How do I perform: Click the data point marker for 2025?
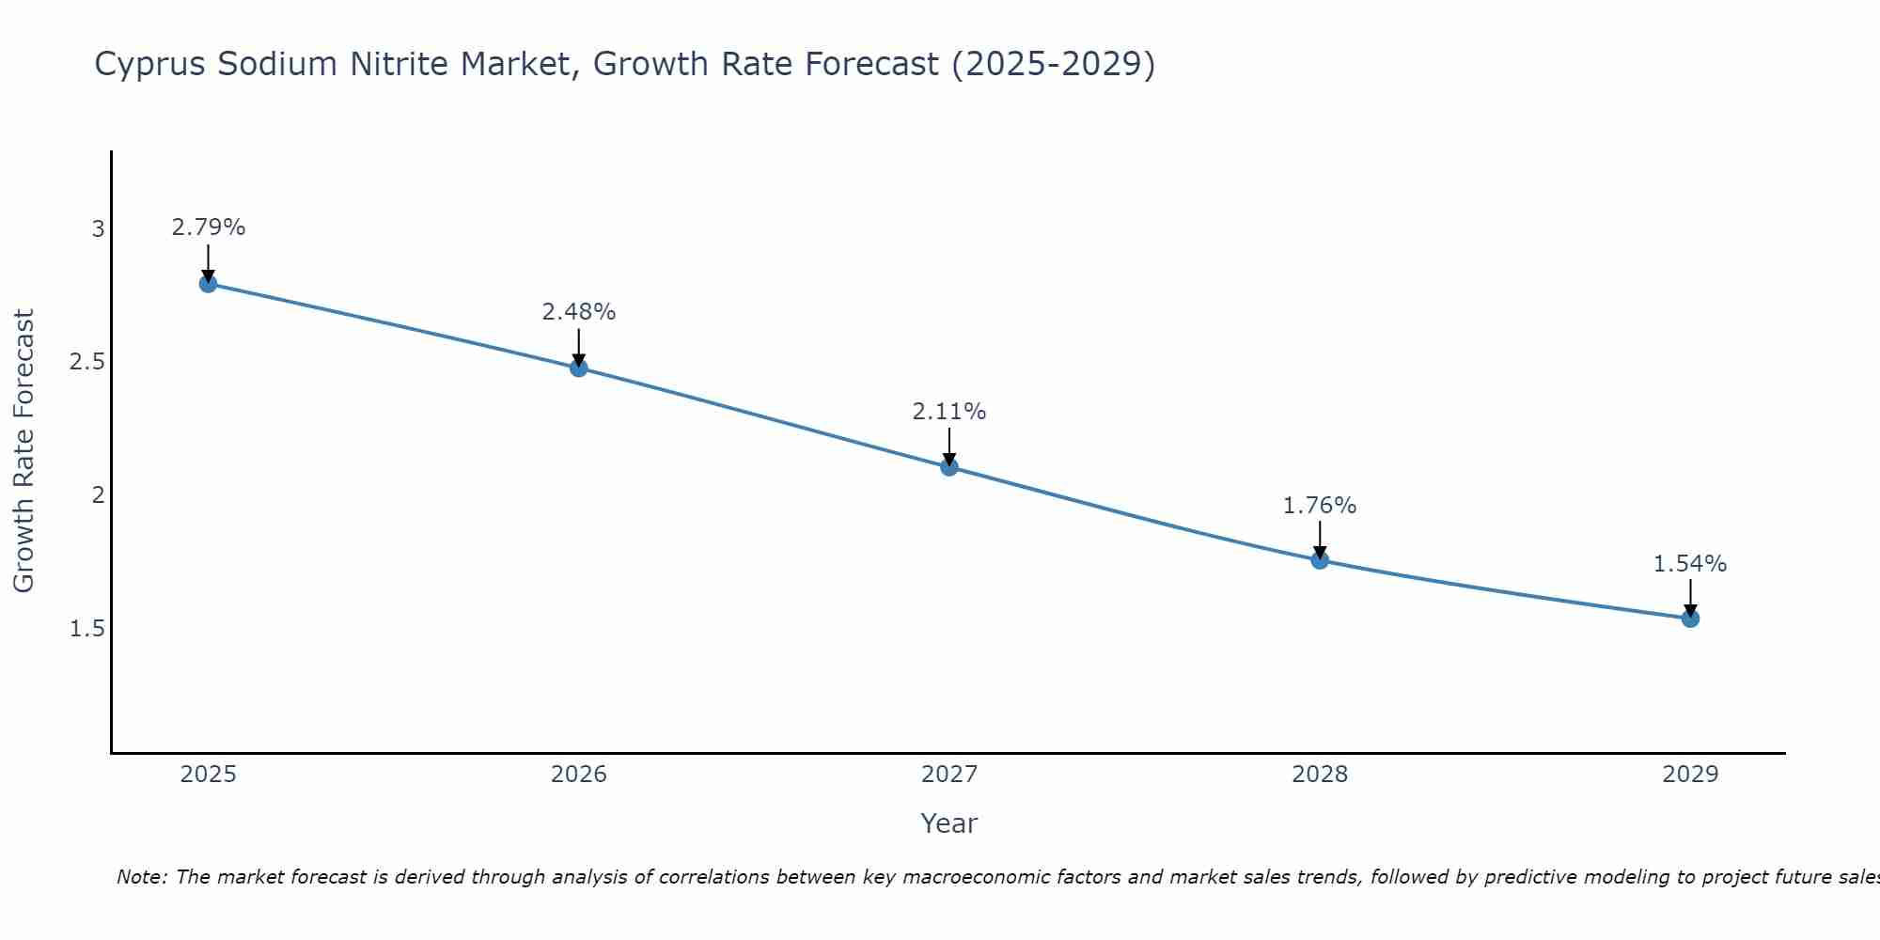pos(209,284)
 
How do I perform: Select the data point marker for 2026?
pos(579,368)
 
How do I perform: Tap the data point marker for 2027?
pos(949,467)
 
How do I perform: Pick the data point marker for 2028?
pos(1320,560)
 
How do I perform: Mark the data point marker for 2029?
pos(1690,619)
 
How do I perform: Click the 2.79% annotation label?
pos(209,227)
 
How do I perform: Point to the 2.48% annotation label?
pos(579,312)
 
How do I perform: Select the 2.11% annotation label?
pos(949,412)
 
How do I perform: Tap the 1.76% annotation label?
pos(1320,506)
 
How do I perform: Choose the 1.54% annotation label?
pos(1690,564)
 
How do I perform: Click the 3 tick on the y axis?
pos(98,229)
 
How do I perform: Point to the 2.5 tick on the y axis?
pos(87,363)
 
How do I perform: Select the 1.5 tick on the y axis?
pos(87,629)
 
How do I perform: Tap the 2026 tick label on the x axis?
pos(579,775)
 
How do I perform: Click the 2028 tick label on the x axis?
pos(1320,775)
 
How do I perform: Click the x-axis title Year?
pos(949,823)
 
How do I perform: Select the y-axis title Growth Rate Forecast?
pos(23,451)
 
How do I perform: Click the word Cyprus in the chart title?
pos(151,65)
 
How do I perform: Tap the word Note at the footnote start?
pos(141,877)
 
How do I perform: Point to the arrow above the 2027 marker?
pos(949,446)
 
